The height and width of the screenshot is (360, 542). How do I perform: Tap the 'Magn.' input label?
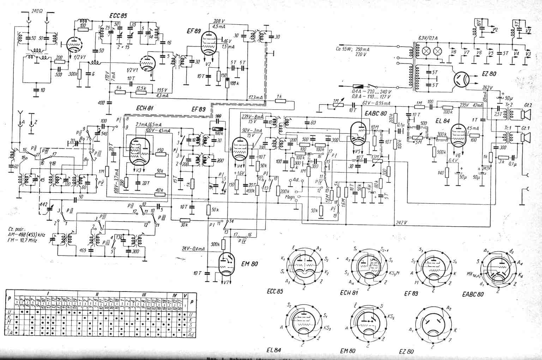290,196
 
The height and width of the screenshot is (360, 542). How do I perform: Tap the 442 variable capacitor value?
43,204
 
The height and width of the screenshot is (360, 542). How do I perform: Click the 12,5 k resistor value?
141,88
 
